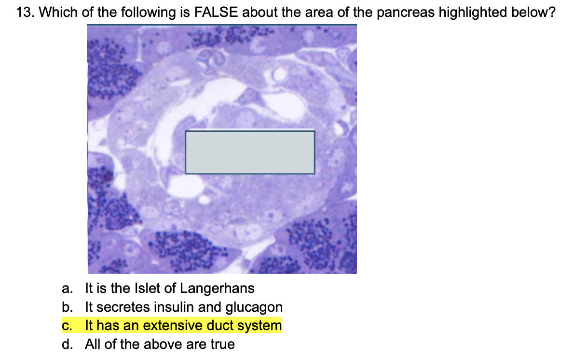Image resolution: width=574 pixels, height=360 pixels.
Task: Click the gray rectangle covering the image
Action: click(x=250, y=152)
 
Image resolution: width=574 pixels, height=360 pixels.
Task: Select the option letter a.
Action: click(x=67, y=289)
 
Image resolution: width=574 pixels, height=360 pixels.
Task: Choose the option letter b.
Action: click(x=67, y=307)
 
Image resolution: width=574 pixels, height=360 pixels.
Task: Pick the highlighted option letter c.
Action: click(x=67, y=326)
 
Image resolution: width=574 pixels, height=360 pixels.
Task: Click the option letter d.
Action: click(x=67, y=344)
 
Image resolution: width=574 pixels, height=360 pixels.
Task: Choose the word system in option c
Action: click(x=260, y=326)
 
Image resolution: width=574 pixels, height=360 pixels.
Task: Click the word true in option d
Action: click(x=222, y=344)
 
